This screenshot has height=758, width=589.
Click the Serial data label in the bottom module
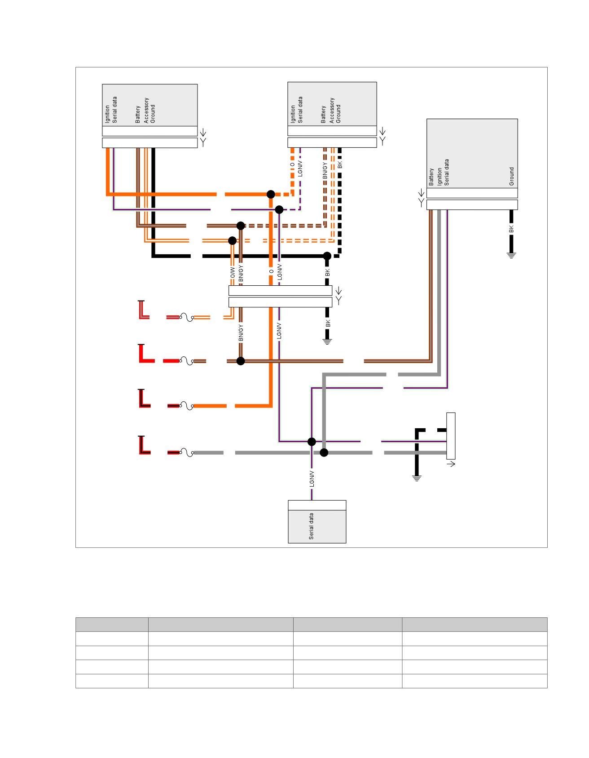tap(311, 526)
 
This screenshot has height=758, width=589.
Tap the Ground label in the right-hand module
tap(511, 177)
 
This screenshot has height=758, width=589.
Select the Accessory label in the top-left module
tap(146, 111)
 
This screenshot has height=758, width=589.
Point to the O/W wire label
tap(233, 273)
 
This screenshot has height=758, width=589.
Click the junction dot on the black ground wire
tap(327, 256)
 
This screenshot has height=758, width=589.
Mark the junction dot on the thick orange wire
tap(271, 194)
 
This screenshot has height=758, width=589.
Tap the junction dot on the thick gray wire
tap(324, 452)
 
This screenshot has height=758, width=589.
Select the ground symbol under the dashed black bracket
tap(417, 479)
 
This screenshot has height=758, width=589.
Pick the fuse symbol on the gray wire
tap(187, 452)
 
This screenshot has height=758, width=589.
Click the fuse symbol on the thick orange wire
tap(187, 406)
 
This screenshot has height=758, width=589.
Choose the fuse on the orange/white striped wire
tap(187, 317)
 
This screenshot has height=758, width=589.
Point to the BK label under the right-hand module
tap(511, 230)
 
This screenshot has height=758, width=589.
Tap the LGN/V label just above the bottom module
tap(312, 479)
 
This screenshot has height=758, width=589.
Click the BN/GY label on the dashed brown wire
tap(325, 171)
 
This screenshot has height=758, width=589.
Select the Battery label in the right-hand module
tap(431, 177)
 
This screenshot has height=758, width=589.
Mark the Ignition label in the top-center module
tap(293, 114)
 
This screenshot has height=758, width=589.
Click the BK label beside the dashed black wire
tap(340, 165)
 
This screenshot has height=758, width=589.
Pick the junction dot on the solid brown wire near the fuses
tap(241, 361)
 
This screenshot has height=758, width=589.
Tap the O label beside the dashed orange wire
tap(293, 164)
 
